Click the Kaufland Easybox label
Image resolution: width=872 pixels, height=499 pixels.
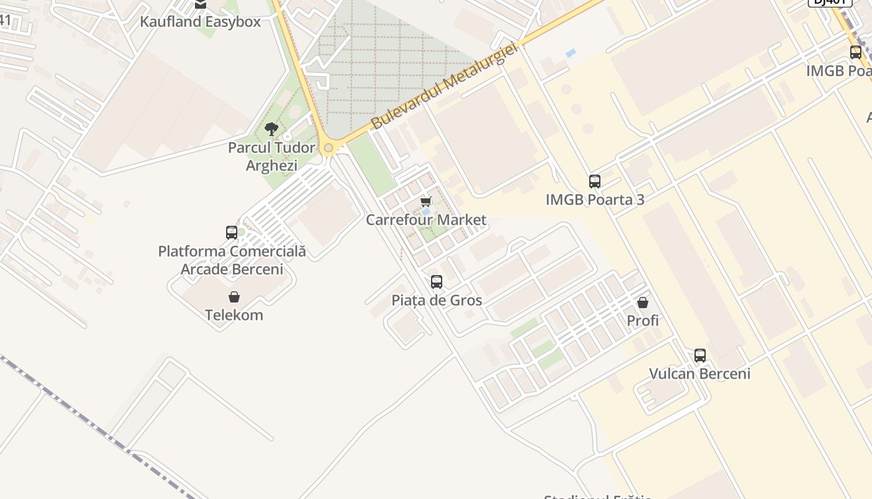(x=200, y=22)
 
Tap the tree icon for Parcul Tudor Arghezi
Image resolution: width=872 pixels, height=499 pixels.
(x=271, y=129)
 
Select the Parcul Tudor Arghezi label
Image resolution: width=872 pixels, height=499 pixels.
(x=271, y=157)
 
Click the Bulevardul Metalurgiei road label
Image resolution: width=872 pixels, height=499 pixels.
(x=444, y=86)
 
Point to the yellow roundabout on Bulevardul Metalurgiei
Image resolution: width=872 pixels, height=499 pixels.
(x=328, y=148)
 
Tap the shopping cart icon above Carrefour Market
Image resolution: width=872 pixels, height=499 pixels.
(x=426, y=201)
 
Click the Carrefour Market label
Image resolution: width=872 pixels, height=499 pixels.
(x=426, y=220)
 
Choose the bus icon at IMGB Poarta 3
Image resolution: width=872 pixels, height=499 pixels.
(x=595, y=182)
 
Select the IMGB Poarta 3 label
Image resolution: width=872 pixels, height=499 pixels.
(x=595, y=200)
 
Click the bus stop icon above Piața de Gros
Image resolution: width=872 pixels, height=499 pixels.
(x=437, y=282)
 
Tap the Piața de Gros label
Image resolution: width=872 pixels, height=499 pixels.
(x=437, y=301)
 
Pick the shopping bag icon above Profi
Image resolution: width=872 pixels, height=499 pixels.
(x=643, y=303)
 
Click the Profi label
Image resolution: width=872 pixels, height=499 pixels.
(x=643, y=321)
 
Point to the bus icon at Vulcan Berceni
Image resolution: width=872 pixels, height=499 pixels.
(x=700, y=356)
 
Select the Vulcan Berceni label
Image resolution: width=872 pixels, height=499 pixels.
(x=700, y=374)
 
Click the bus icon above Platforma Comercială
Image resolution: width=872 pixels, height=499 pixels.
(x=232, y=233)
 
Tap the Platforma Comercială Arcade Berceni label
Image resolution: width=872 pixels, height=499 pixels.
(x=232, y=260)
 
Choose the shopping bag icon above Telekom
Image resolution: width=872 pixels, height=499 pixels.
(x=234, y=297)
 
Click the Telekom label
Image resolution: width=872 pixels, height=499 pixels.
(x=234, y=315)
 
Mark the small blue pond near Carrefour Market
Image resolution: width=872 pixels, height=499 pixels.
(x=426, y=212)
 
